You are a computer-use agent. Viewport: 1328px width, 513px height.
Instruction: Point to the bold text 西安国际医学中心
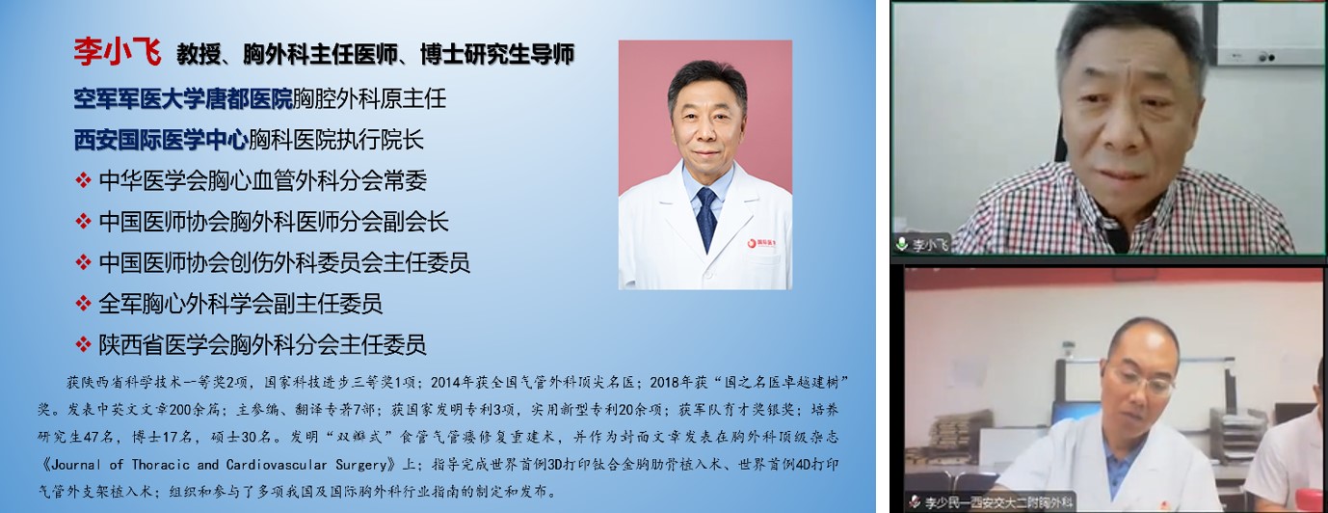tap(160, 139)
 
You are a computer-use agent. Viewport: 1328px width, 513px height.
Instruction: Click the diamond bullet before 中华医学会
tap(83, 179)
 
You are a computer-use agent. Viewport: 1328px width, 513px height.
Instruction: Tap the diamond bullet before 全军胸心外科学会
tap(83, 304)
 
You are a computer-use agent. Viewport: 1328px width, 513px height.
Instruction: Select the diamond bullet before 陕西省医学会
tap(83, 344)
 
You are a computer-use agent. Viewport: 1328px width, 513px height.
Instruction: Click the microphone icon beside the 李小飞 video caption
tap(902, 244)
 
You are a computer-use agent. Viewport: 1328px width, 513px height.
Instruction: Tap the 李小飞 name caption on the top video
tap(931, 245)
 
